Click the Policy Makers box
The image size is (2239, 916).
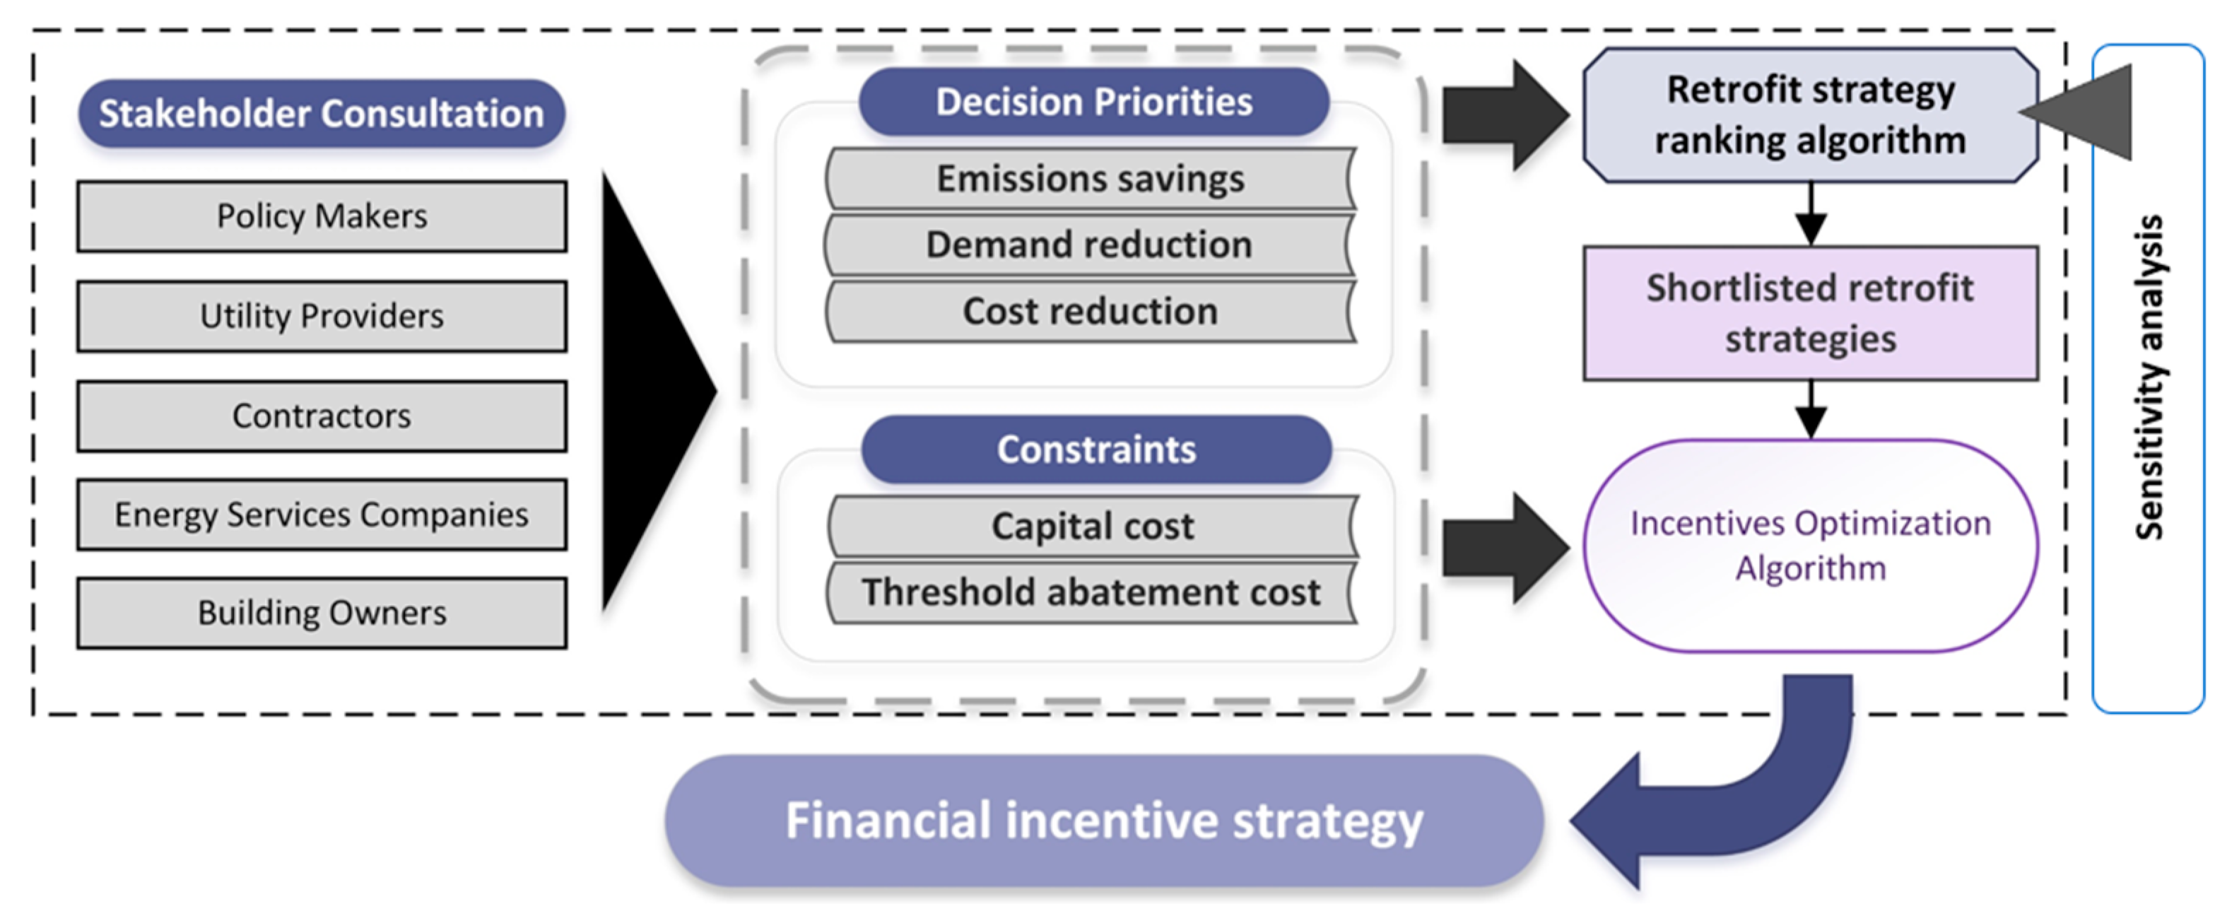click(322, 216)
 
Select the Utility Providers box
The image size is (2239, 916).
click(322, 317)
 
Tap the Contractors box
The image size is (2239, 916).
click(322, 416)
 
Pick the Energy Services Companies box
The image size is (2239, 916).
click(322, 515)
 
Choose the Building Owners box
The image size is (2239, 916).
click(322, 613)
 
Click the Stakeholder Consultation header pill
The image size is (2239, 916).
click(322, 114)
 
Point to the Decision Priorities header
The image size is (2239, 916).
click(1093, 102)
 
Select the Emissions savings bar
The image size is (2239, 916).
click(1090, 179)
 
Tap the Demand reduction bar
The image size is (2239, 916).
click(1090, 245)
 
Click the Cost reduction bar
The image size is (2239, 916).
click(1090, 311)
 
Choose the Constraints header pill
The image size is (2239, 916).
click(1096, 450)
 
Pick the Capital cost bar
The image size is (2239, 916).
click(1093, 527)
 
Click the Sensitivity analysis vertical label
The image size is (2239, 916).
click(2149, 378)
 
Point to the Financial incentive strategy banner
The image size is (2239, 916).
click(1104, 821)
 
